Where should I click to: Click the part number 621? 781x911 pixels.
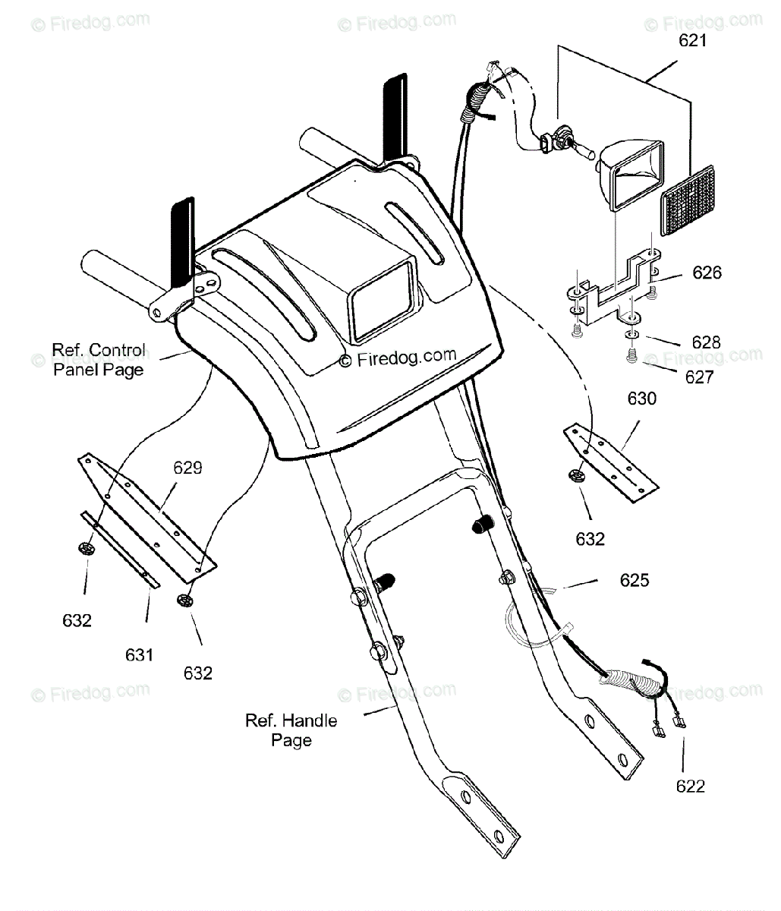tap(692, 40)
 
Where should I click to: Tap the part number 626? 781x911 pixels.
tap(707, 272)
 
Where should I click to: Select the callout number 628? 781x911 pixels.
tap(705, 342)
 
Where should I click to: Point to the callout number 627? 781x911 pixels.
tap(699, 377)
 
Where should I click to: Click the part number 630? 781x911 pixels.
tap(641, 399)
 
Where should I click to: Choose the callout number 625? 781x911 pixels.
tap(635, 580)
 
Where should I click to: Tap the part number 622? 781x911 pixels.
tap(690, 786)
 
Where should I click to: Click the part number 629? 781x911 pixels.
tap(187, 468)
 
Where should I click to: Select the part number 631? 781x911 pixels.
tap(140, 654)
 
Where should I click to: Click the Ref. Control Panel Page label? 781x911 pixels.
tap(99, 360)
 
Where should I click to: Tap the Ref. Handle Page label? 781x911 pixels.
tap(291, 730)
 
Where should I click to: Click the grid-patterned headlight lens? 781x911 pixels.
tap(688, 201)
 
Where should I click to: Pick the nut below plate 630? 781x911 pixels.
tap(575, 477)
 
